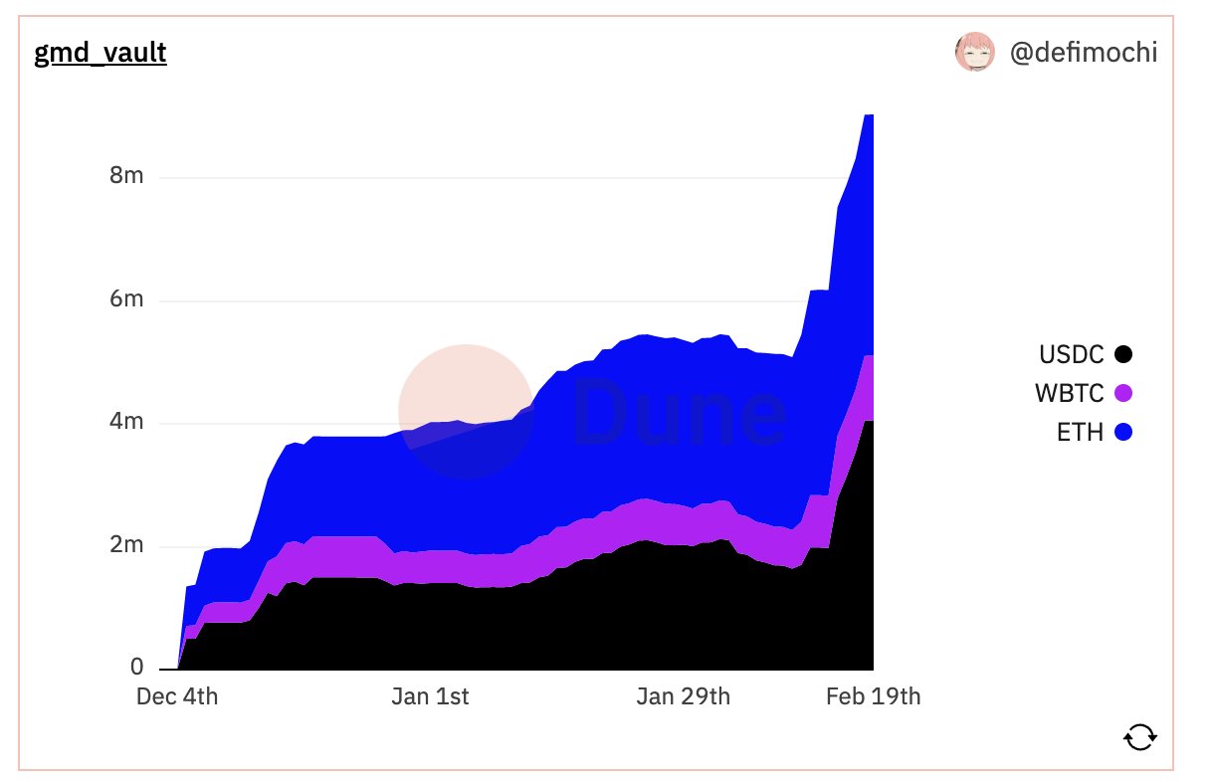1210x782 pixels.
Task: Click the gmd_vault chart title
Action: click(101, 53)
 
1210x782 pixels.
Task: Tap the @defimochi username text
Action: click(1084, 53)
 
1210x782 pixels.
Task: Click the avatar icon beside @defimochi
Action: click(975, 52)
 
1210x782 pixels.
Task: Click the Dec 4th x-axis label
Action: click(177, 696)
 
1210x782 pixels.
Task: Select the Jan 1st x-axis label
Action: click(430, 696)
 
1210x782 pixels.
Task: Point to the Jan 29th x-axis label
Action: click(684, 696)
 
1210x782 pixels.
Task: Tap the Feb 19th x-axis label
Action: click(874, 696)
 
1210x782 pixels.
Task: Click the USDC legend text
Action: click(1071, 354)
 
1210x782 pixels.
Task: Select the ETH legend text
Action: click(1081, 433)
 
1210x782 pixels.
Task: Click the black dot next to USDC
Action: click(1123, 354)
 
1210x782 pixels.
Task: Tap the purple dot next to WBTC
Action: click(1123, 394)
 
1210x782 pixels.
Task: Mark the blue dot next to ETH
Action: click(1123, 433)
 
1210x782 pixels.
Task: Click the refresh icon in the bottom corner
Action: click(1140, 736)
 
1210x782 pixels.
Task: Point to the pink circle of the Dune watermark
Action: click(465, 411)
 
